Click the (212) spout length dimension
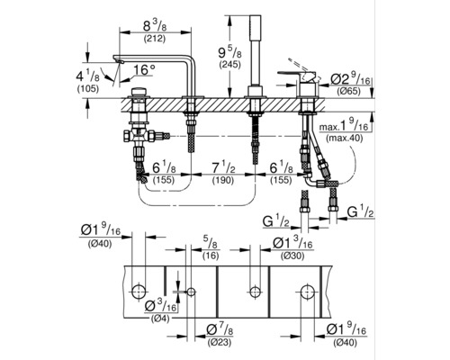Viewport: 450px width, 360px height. pyautogui.click(x=155, y=39)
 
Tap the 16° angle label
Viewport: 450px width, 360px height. pyautogui.click(x=144, y=70)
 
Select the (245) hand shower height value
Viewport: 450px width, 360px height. pyautogui.click(x=230, y=64)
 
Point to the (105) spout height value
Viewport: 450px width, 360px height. pyautogui.click(x=88, y=88)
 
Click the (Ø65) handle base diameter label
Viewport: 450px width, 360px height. pyautogui.click(x=349, y=91)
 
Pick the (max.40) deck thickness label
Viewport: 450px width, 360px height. pyautogui.click(x=345, y=139)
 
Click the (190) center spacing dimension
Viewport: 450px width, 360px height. pyautogui.click(x=223, y=180)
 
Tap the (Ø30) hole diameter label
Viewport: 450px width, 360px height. pyautogui.click(x=292, y=256)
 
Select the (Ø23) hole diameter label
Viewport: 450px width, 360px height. pyautogui.click(x=219, y=342)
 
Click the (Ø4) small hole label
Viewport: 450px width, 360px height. pyautogui.click(x=159, y=319)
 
